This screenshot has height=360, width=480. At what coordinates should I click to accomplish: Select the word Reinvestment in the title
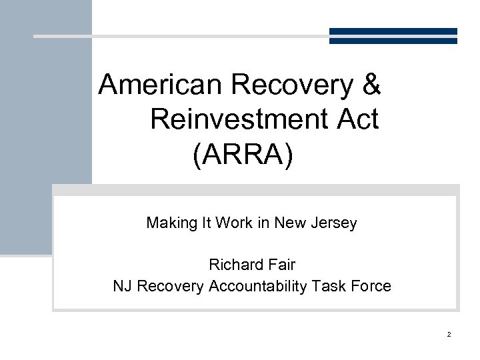[x=236, y=120]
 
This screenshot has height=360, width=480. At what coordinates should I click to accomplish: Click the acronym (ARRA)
[x=243, y=155]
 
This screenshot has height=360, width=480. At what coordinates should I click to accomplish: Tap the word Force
[x=371, y=287]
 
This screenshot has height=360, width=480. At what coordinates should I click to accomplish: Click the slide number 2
[x=449, y=334]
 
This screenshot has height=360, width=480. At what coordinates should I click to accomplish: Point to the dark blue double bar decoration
[x=393, y=36]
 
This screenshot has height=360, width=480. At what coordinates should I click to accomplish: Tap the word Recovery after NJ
[x=169, y=287]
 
